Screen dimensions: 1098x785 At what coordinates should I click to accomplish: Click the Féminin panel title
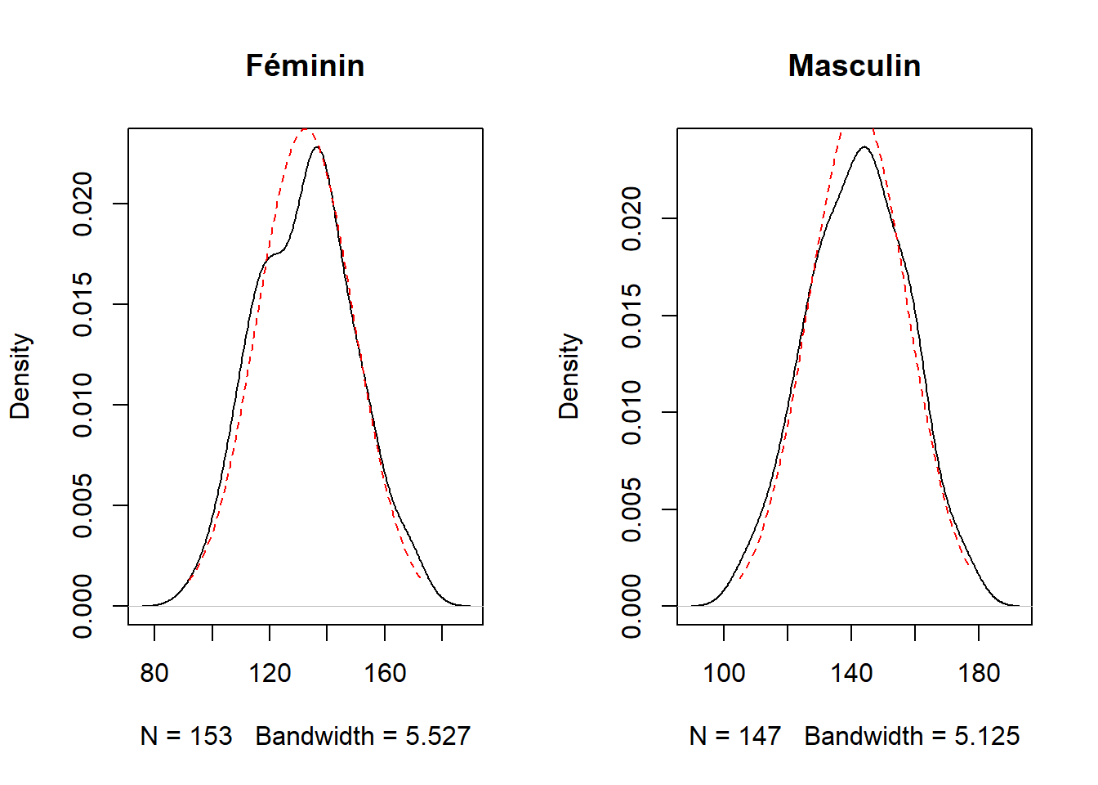click(305, 65)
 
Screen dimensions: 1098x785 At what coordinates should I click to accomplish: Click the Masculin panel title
click(855, 65)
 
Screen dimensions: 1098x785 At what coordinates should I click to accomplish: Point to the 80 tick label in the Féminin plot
click(154, 673)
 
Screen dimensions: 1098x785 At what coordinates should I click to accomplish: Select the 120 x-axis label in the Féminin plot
click(270, 673)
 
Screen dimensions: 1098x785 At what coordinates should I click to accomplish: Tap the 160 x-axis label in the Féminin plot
click(385, 673)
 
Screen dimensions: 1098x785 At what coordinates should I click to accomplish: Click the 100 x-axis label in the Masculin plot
click(724, 673)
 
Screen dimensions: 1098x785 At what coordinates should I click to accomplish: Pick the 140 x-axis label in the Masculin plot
click(851, 673)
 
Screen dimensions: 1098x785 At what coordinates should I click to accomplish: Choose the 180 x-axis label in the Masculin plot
click(979, 673)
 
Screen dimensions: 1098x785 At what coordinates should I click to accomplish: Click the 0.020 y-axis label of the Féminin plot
click(83, 204)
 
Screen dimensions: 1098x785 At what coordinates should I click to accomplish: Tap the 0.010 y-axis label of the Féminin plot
click(83, 405)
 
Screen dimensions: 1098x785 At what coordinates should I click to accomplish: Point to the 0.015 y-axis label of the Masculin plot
click(632, 316)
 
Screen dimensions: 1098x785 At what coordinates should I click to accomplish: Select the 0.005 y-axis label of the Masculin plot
click(632, 509)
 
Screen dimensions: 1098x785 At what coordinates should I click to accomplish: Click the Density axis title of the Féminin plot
click(20, 376)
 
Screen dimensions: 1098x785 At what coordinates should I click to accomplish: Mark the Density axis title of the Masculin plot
click(569, 376)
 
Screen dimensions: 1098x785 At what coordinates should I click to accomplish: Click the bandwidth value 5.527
click(438, 737)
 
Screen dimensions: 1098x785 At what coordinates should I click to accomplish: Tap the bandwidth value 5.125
click(987, 737)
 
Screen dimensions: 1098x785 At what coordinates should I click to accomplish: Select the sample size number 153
click(211, 737)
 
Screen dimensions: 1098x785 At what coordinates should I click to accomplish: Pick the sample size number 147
click(760, 737)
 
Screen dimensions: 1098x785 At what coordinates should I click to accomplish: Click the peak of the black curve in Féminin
click(317, 146)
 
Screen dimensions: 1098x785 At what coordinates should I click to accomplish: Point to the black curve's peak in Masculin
click(864, 146)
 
